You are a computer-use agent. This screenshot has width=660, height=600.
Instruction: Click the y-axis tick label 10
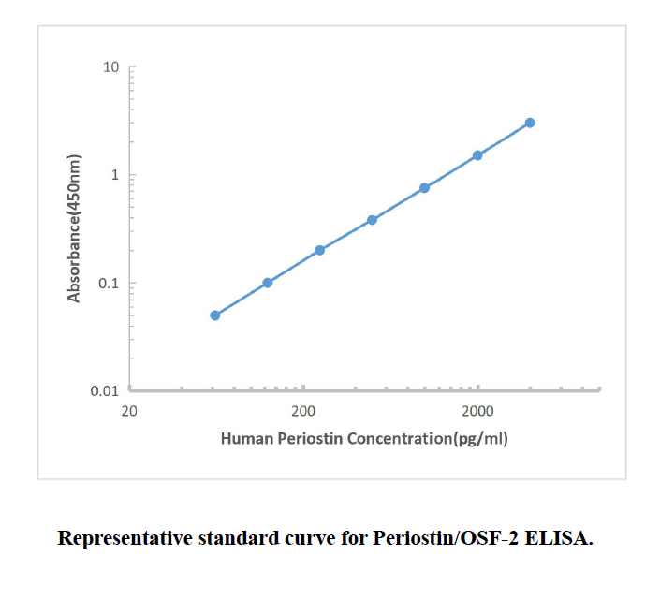click(x=110, y=67)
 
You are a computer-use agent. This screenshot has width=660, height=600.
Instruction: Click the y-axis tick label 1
click(x=114, y=175)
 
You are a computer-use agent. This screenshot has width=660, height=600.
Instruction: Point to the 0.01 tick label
click(x=104, y=391)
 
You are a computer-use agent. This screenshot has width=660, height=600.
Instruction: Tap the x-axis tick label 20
click(x=129, y=411)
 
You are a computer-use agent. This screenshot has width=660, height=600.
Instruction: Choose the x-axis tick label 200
click(x=302, y=411)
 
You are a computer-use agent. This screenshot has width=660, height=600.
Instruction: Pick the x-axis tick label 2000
click(x=477, y=411)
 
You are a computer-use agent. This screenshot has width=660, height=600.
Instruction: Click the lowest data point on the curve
click(x=215, y=315)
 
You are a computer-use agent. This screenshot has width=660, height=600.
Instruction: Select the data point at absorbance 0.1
click(x=268, y=283)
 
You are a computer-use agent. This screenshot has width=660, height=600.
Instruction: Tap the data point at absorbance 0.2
click(x=320, y=250)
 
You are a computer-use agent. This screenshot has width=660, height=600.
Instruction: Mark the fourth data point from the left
click(x=373, y=220)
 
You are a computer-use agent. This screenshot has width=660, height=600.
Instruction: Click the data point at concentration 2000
click(x=477, y=155)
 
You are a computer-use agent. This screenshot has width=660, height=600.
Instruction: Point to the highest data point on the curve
click(x=530, y=123)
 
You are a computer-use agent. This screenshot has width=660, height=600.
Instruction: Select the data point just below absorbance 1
click(x=425, y=187)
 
